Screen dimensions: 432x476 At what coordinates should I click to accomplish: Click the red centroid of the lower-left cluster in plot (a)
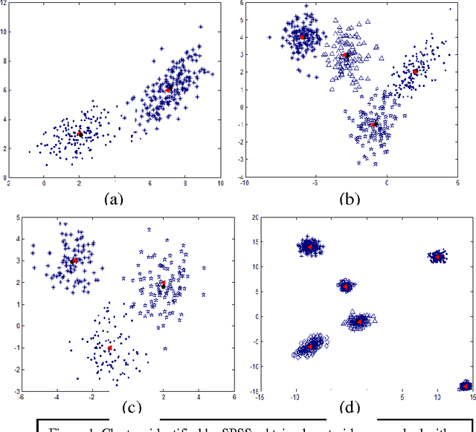click(80, 134)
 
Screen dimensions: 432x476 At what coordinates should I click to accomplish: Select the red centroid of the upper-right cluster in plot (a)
click(168, 89)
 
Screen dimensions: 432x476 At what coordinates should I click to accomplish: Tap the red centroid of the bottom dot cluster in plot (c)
click(110, 347)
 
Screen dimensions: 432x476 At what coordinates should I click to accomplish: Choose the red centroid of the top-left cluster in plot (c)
click(74, 261)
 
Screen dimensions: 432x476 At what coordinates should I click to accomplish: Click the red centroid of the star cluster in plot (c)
click(163, 284)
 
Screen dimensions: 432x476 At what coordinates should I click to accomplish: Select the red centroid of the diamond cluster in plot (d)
click(310, 346)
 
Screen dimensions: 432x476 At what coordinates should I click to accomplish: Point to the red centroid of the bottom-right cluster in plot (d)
click(466, 386)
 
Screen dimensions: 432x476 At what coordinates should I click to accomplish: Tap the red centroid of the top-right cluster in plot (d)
click(438, 257)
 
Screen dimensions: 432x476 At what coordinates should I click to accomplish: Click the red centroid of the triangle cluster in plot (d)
click(359, 321)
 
